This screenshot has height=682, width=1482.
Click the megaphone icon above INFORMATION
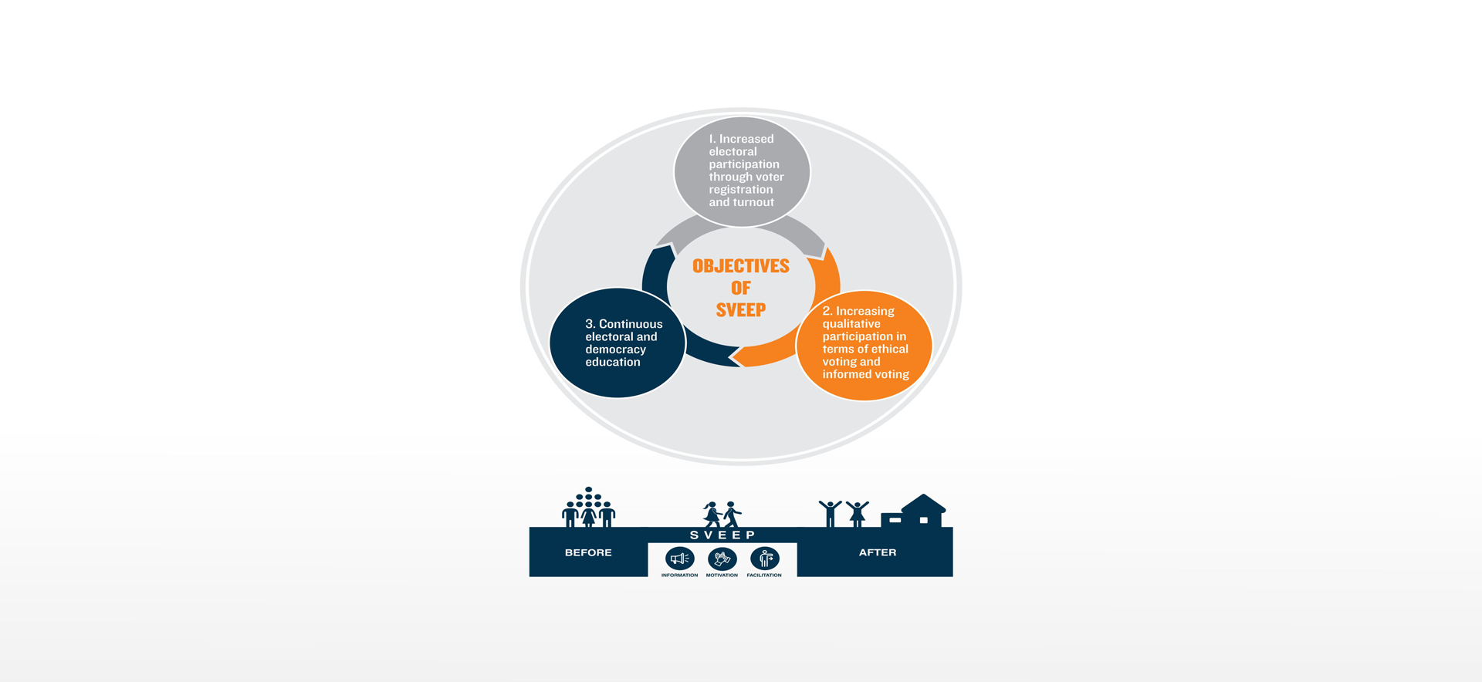(679, 558)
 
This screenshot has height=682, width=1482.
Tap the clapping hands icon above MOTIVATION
(722, 558)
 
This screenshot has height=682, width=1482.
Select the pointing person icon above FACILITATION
(764, 558)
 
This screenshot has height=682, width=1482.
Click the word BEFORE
(588, 552)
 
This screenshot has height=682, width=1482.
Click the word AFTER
(878, 552)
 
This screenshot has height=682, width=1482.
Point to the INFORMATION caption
(679, 576)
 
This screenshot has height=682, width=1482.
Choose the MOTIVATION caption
(722, 576)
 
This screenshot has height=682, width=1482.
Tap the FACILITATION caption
(764, 576)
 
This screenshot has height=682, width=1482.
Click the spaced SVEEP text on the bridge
(722, 535)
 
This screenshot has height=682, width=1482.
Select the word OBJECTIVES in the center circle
(741, 266)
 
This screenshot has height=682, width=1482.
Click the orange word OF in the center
(741, 288)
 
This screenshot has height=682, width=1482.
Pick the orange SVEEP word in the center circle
(741, 310)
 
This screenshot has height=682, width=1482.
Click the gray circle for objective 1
(742, 171)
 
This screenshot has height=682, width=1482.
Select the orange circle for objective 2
(864, 345)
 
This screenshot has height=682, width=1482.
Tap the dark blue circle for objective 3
(617, 343)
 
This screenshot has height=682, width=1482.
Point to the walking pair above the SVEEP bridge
(722, 515)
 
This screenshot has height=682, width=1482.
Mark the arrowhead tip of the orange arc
(731, 357)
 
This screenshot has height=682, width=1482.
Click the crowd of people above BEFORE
(588, 507)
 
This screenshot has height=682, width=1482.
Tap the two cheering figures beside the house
(844, 513)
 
